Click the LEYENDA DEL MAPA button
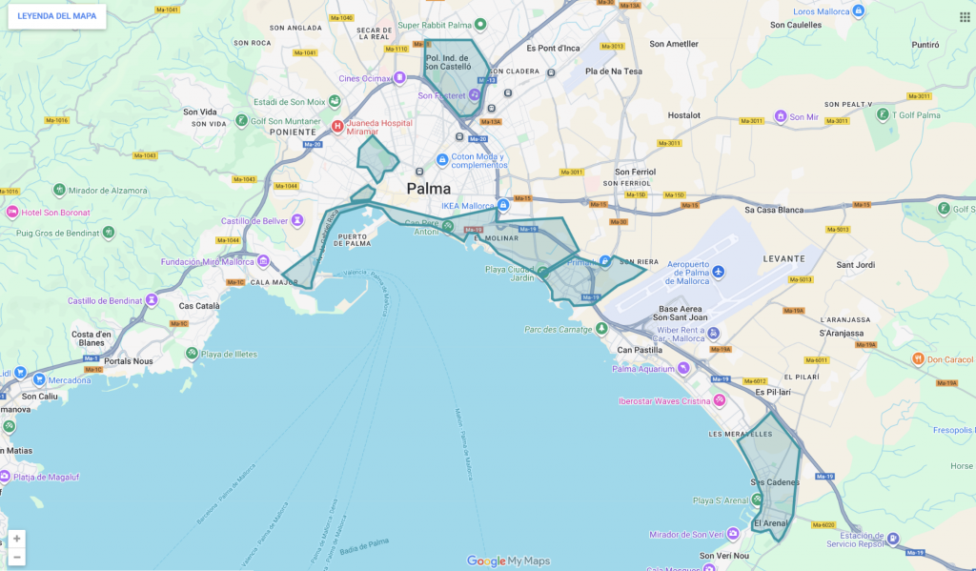56,16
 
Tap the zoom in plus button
16,539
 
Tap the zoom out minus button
16,557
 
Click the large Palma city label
429,189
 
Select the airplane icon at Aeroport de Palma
718,273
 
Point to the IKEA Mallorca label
468,206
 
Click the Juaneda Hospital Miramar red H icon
337,126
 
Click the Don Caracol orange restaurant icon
917,359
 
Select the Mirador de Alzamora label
109,191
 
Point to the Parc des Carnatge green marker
601,329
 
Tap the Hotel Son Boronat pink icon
11,212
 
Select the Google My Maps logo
508,561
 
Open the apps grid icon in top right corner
964,16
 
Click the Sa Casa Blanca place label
775,210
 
